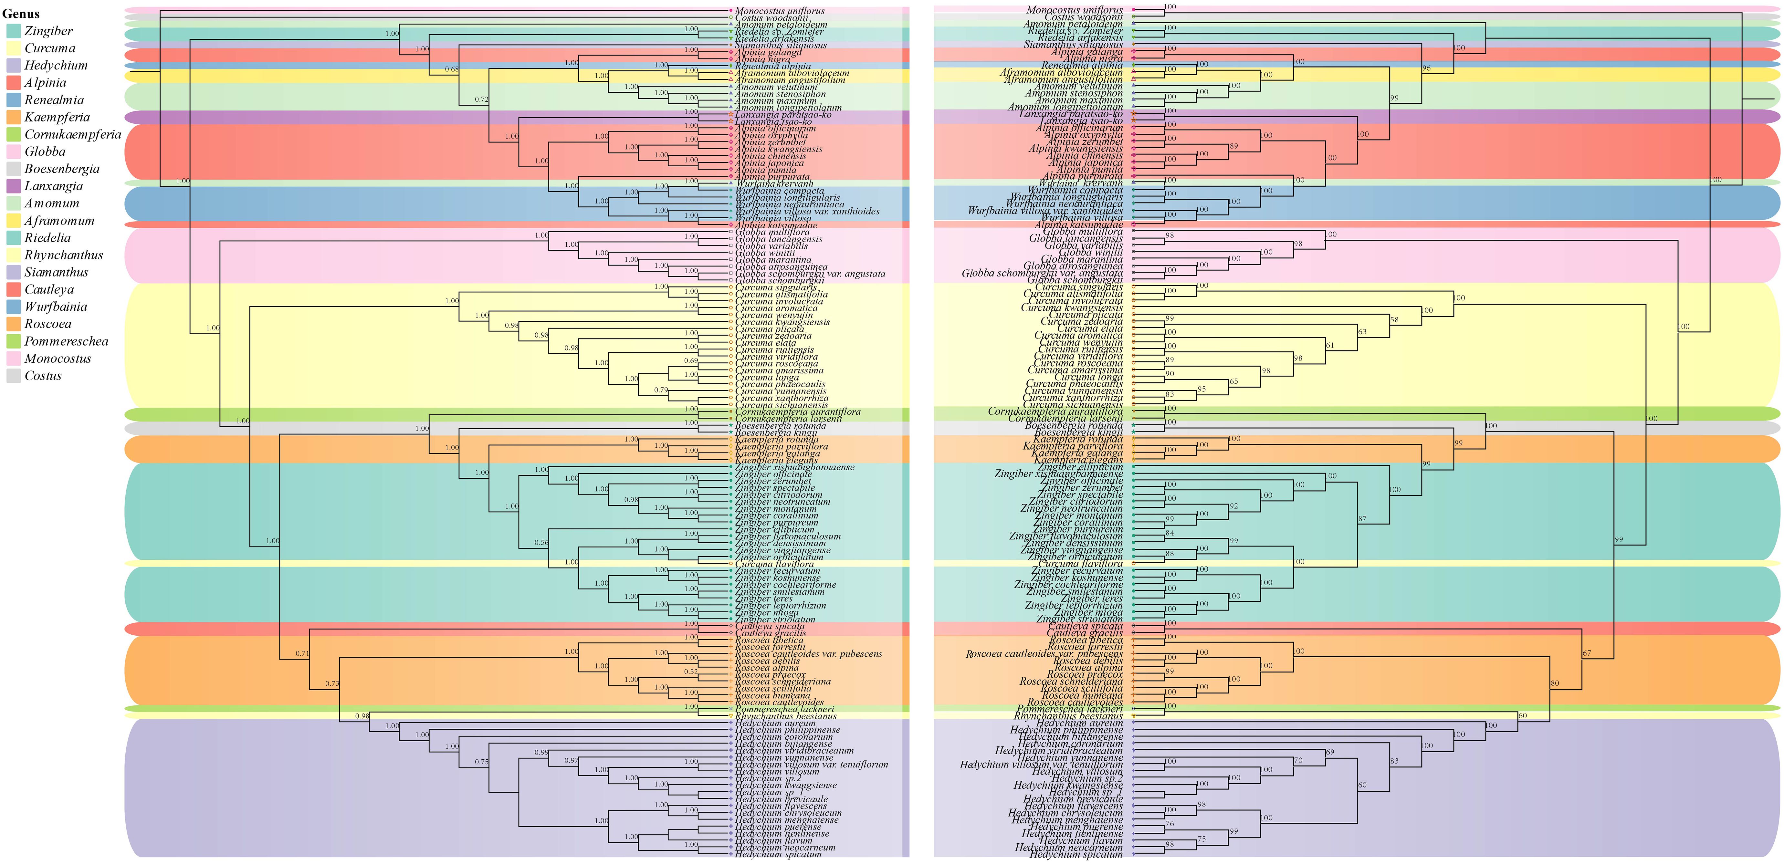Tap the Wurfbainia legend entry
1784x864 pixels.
(x=55, y=307)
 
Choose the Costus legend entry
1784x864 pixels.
(x=43, y=376)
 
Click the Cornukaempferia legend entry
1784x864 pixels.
(x=72, y=134)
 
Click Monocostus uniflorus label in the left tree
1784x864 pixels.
(x=779, y=10)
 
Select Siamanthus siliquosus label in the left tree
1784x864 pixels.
(x=781, y=45)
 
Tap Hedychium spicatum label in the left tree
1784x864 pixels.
(x=778, y=854)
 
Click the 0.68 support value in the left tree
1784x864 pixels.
(x=452, y=69)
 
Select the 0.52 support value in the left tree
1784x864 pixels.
(x=690, y=671)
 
